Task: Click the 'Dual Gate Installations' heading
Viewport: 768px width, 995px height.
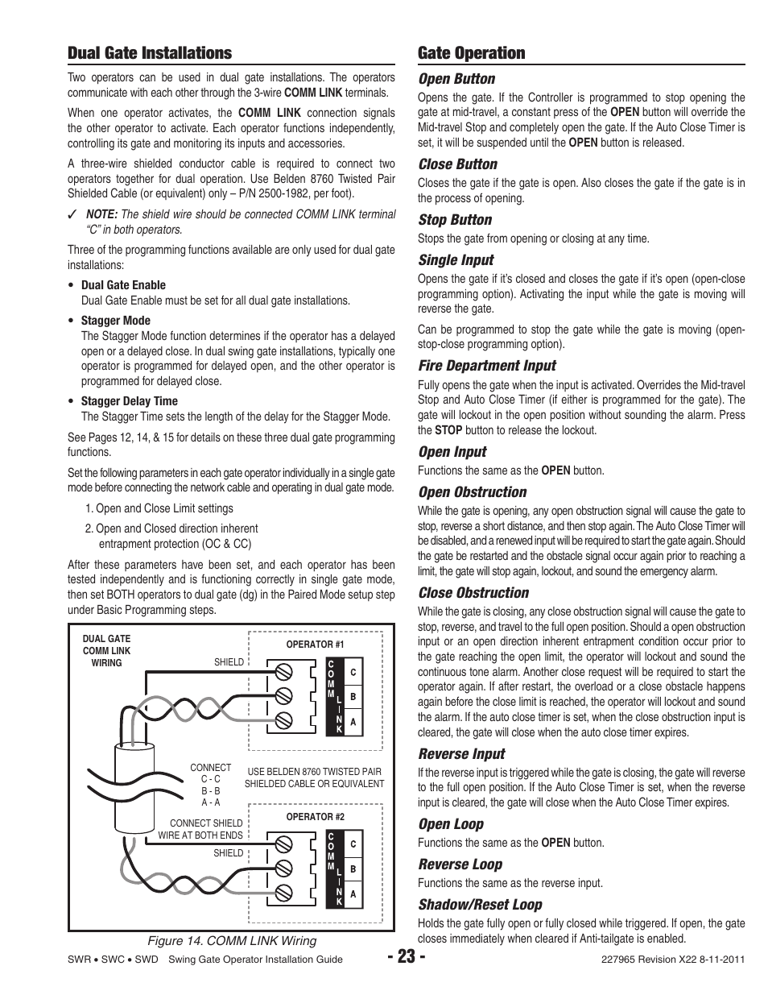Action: (x=149, y=53)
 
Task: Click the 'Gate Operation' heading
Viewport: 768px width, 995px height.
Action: (x=471, y=53)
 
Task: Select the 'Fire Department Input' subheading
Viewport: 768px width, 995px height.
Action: (x=486, y=366)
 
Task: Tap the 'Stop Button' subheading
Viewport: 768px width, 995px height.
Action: (x=454, y=220)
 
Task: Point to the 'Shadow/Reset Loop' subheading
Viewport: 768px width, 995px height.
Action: (x=480, y=905)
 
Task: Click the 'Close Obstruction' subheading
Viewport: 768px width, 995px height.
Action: (x=473, y=593)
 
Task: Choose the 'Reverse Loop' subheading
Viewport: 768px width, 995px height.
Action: (x=460, y=864)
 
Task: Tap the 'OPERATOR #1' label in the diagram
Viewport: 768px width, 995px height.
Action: (x=315, y=645)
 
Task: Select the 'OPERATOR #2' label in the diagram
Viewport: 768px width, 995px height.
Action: (x=315, y=817)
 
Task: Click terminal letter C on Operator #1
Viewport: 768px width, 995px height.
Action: (x=353, y=672)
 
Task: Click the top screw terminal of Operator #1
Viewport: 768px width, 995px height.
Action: (x=283, y=672)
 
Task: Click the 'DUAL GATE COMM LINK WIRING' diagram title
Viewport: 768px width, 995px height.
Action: (x=106, y=651)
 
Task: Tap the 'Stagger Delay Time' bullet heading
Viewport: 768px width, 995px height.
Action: (x=129, y=401)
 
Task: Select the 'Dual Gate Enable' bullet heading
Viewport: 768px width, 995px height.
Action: (x=123, y=285)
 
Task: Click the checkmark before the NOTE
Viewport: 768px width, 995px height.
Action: (x=72, y=215)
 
